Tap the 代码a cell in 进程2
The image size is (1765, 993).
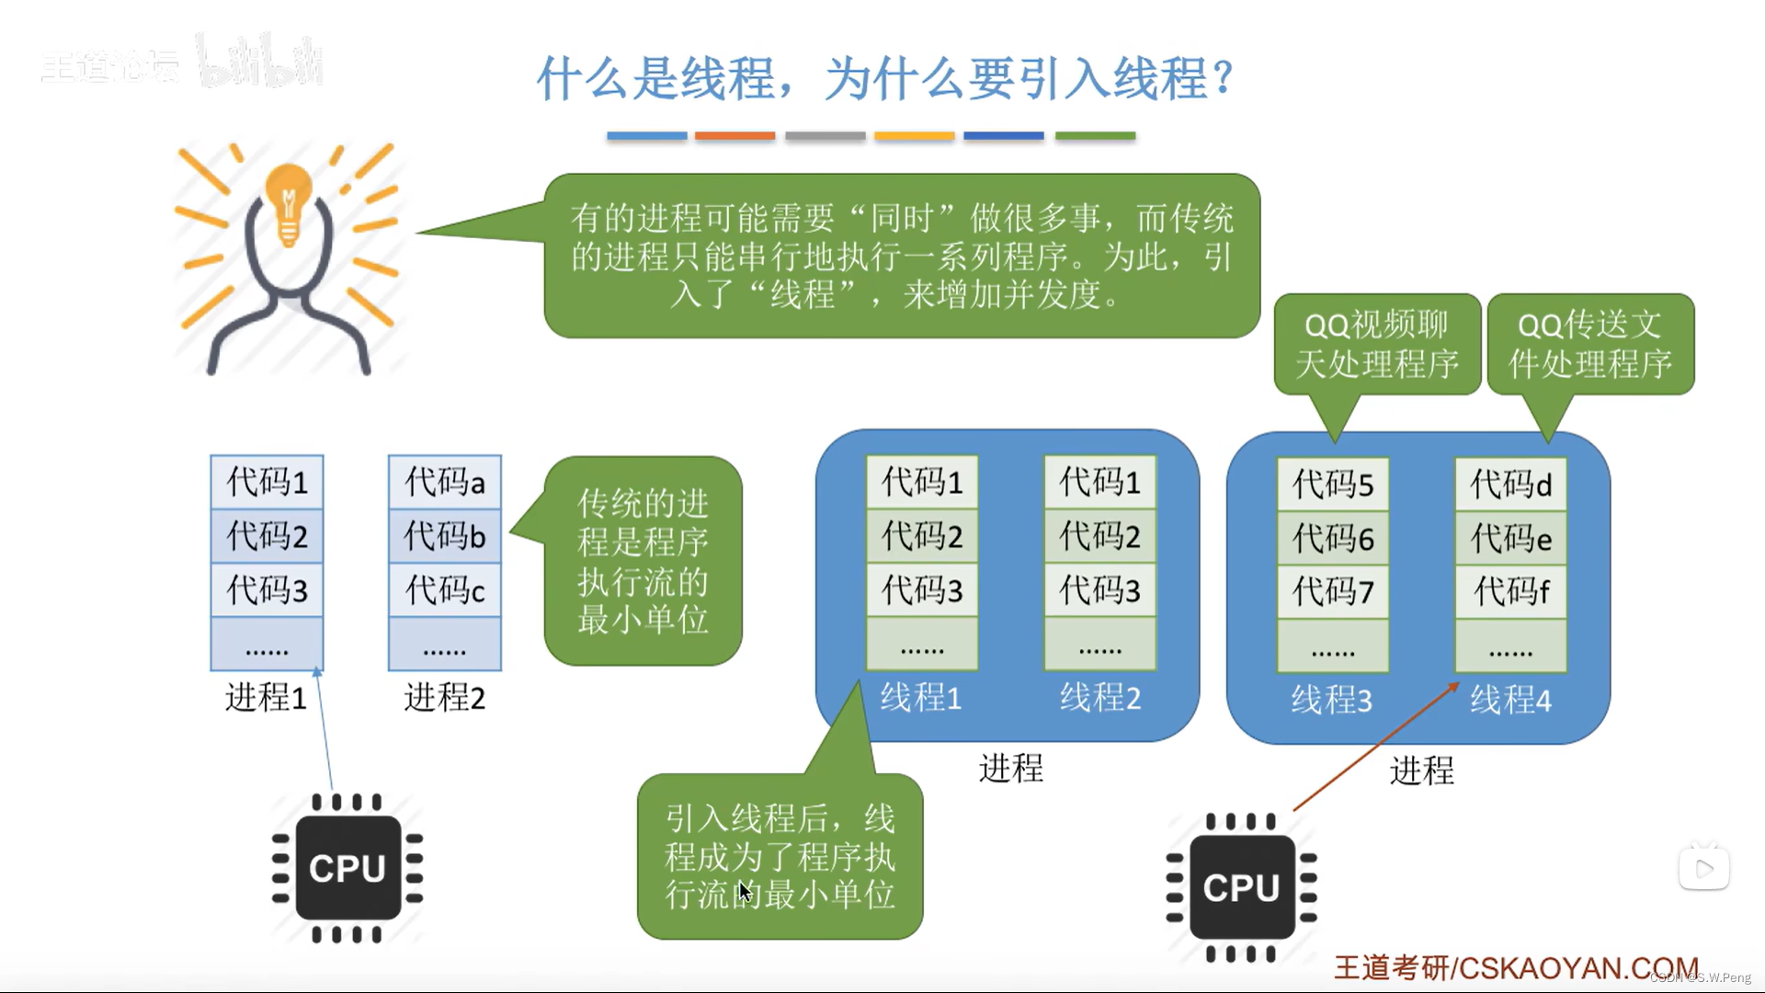click(x=445, y=482)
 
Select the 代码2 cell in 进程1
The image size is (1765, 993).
click(x=267, y=536)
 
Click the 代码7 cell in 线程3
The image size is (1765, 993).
click(x=1333, y=591)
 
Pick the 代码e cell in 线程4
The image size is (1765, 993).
click(x=1510, y=538)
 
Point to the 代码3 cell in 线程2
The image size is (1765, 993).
click(x=1099, y=590)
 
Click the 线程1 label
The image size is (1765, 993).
click(x=921, y=698)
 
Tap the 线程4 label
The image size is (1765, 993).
click(x=1510, y=701)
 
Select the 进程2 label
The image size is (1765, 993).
click(x=444, y=698)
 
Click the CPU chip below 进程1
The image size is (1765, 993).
click(x=347, y=868)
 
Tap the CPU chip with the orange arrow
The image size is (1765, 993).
click(x=1241, y=887)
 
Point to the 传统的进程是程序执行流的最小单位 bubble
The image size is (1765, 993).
click(x=643, y=561)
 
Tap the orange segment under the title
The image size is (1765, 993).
click(x=734, y=136)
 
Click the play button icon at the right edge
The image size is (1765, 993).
click(x=1703, y=868)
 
